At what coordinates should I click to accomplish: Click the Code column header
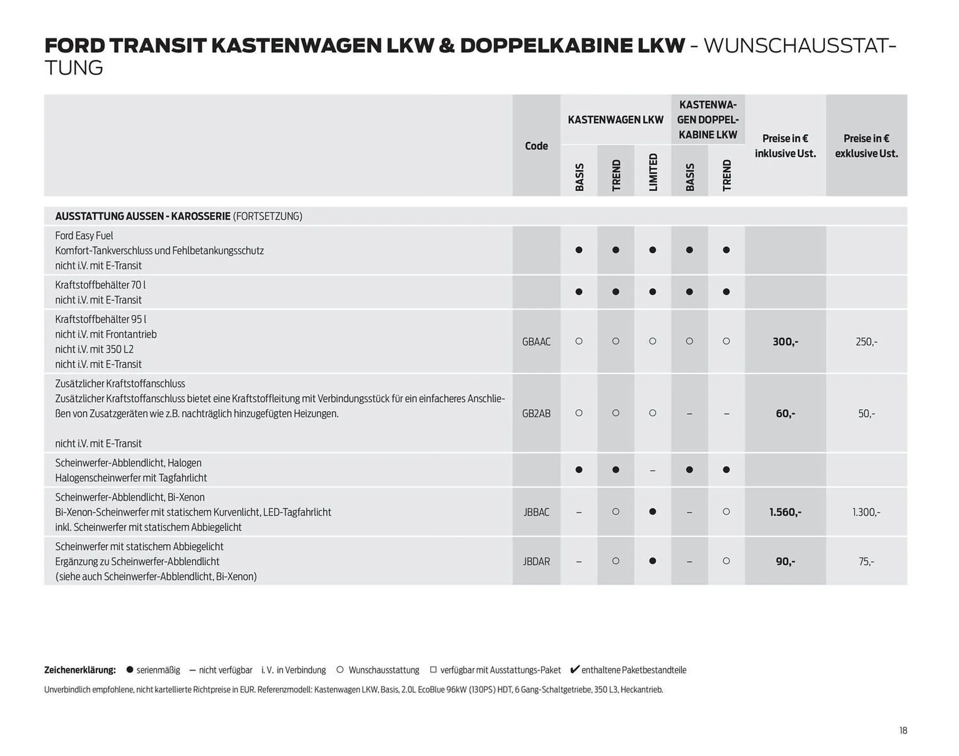click(536, 146)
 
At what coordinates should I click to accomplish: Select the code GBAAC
click(536, 342)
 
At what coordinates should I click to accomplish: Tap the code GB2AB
click(536, 413)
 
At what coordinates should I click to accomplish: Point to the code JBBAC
click(536, 512)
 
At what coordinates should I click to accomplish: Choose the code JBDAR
click(536, 561)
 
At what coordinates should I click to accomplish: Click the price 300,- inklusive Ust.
click(785, 342)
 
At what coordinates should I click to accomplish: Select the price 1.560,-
click(785, 512)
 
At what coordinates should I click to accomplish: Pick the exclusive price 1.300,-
click(866, 512)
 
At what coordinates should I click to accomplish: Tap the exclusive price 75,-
click(866, 561)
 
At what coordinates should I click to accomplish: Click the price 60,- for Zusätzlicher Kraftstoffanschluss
click(785, 413)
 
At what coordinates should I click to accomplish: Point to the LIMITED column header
click(653, 172)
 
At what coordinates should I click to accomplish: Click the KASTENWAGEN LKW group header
click(615, 120)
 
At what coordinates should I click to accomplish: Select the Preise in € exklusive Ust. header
click(866, 146)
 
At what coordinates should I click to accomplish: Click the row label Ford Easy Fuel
click(84, 236)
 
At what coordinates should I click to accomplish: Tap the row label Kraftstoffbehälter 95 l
click(100, 320)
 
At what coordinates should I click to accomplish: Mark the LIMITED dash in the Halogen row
click(652, 470)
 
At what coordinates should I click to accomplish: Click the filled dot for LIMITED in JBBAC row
click(652, 512)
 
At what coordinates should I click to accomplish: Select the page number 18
click(903, 731)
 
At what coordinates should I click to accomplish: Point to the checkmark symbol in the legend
click(575, 669)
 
